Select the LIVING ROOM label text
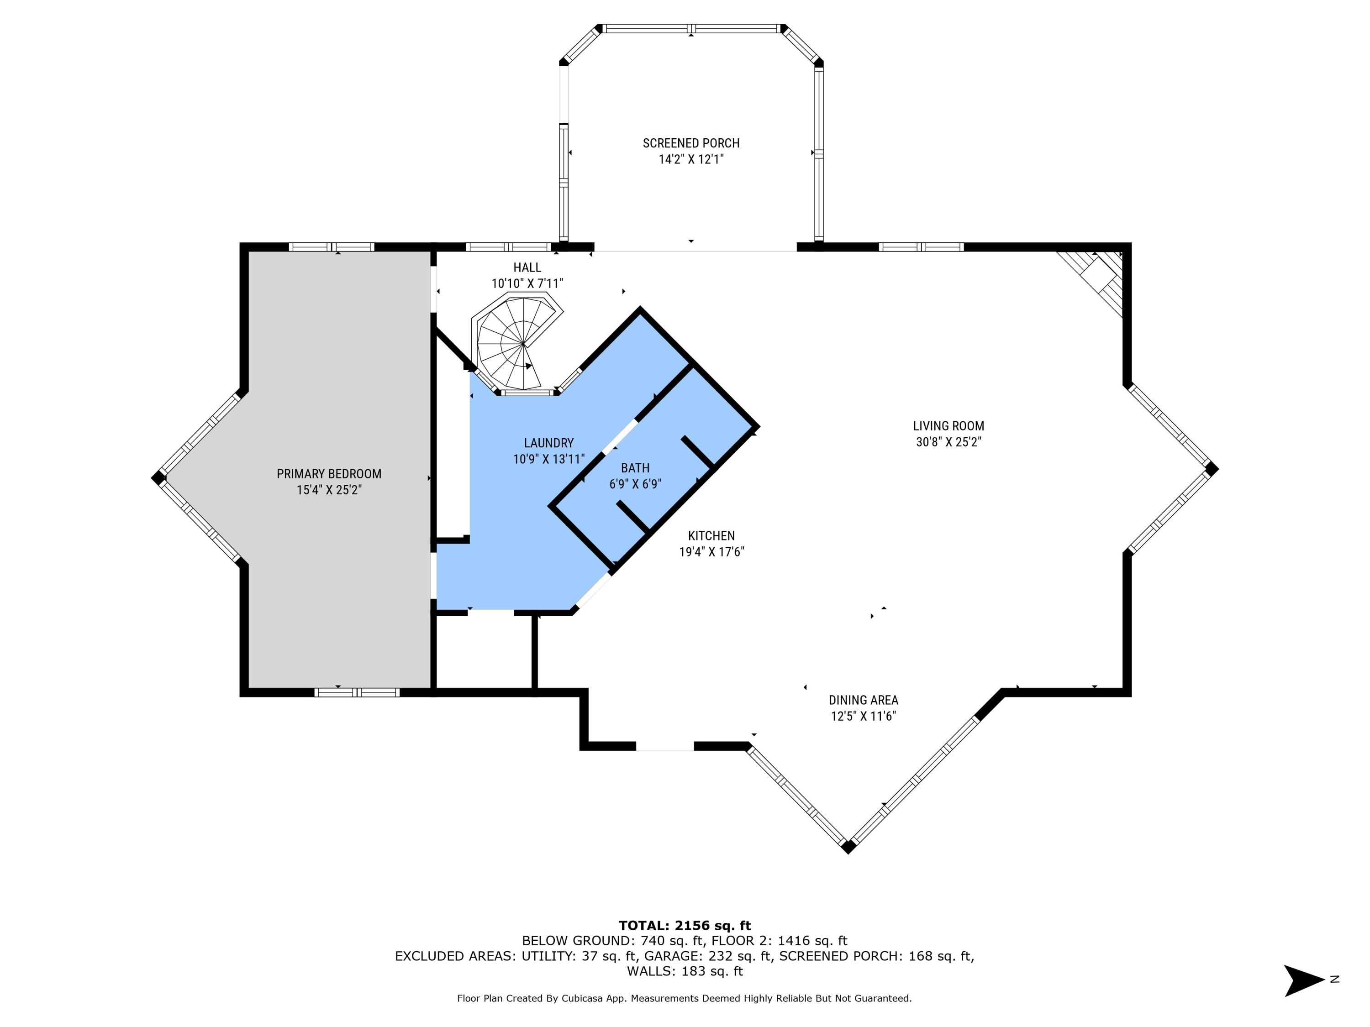pyautogui.click(x=948, y=426)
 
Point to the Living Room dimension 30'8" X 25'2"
pyautogui.click(x=948, y=442)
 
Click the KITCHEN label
pyautogui.click(x=711, y=536)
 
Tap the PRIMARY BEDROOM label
pyautogui.click(x=329, y=474)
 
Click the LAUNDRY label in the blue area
pyautogui.click(x=549, y=443)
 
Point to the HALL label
pyautogui.click(x=527, y=267)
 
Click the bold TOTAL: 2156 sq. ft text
pyautogui.click(x=685, y=926)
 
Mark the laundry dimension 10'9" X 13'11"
pyautogui.click(x=549, y=459)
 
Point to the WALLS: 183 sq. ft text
pyautogui.click(x=685, y=971)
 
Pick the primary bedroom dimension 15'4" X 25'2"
pyautogui.click(x=329, y=490)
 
